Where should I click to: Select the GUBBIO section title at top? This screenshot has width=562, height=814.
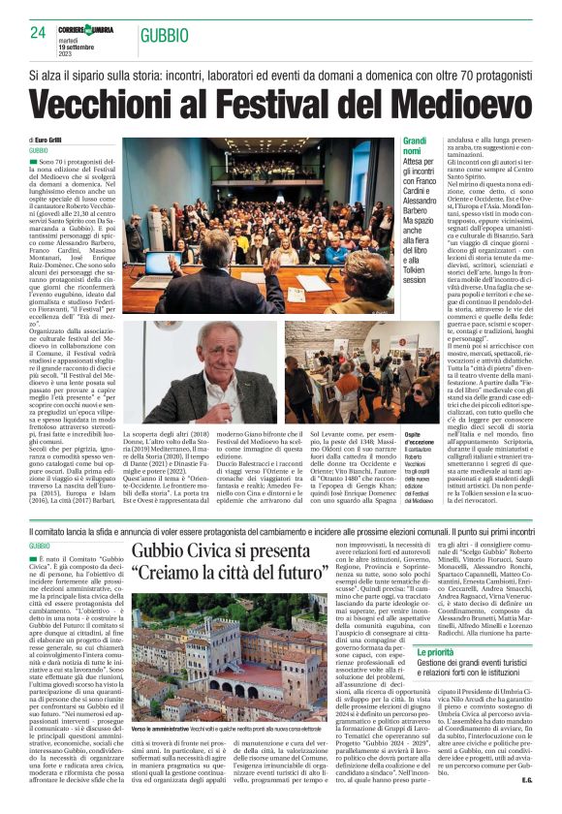tap(164, 36)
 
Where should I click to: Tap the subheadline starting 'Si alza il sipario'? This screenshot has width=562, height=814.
tap(281, 75)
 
